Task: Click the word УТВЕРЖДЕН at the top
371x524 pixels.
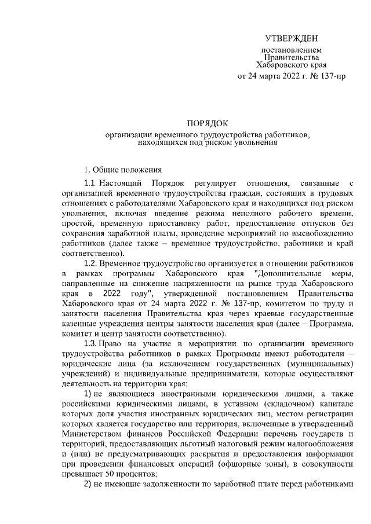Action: pyautogui.click(x=291, y=39)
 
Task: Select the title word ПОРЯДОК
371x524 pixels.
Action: pyautogui.click(x=208, y=123)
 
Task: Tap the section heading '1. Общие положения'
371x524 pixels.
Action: pyautogui.click(x=121, y=170)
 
